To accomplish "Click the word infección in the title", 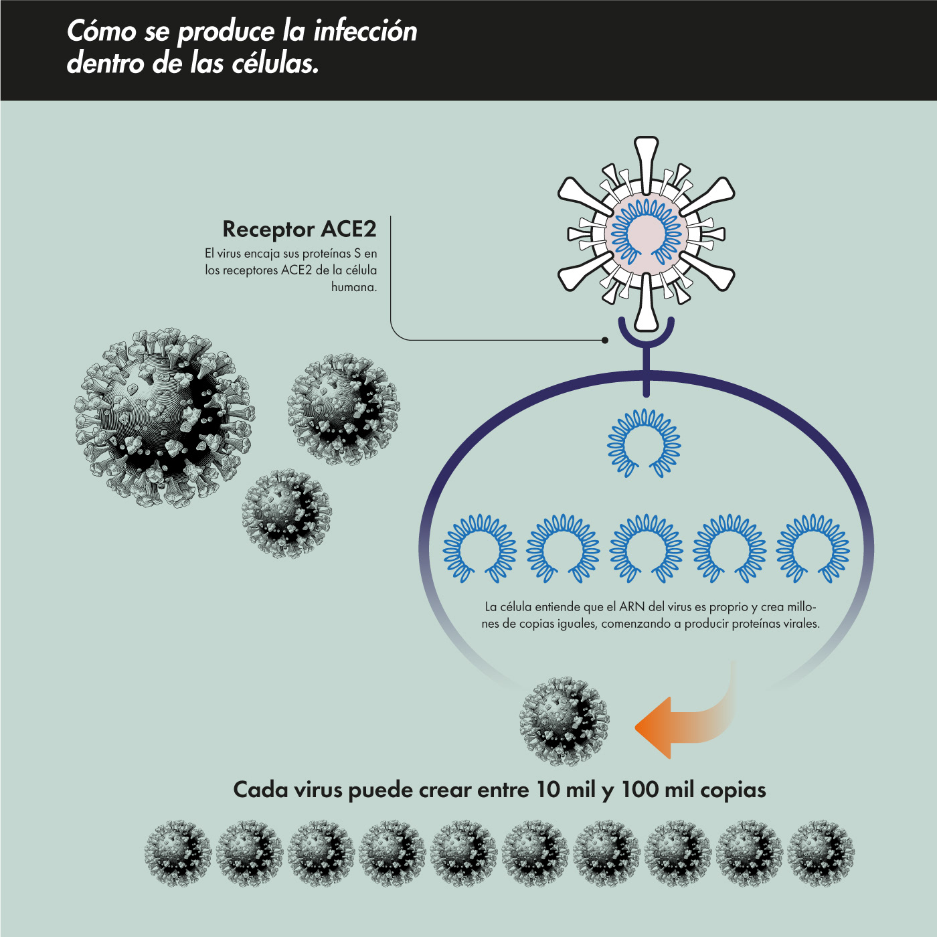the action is [365, 31].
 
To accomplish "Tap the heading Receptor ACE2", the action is [299, 229].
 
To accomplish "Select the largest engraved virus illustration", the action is [165, 416].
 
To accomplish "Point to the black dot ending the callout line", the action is [605, 340].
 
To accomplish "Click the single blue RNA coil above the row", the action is [644, 442].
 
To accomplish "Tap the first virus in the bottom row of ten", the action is [178, 853].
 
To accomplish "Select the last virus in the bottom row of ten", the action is [821, 853].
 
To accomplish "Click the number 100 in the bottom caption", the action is [640, 790].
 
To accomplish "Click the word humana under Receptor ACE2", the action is [354, 287].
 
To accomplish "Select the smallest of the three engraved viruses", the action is [286, 513].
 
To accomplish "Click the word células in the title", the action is [274, 64].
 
